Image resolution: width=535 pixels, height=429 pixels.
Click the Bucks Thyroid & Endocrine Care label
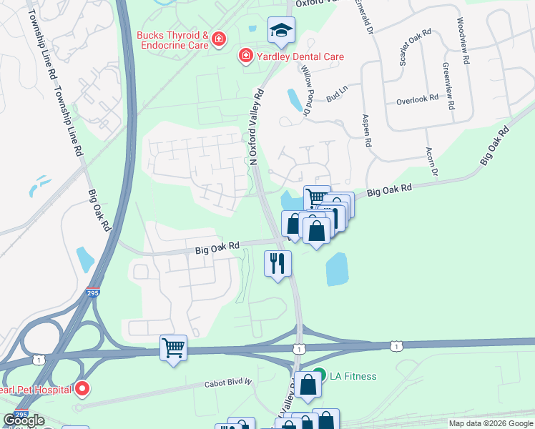coord(173,40)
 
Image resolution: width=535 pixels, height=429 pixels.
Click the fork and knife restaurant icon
coord(278,263)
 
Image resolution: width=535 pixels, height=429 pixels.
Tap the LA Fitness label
coord(353,376)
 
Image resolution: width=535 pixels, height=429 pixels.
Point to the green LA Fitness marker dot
coord(320,374)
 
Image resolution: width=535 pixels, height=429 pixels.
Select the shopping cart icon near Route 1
coord(173,348)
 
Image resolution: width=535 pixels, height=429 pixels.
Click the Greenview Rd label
coord(448,86)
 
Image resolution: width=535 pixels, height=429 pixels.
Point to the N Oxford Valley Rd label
coord(255,125)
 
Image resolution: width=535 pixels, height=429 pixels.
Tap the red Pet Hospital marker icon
coord(82,389)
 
